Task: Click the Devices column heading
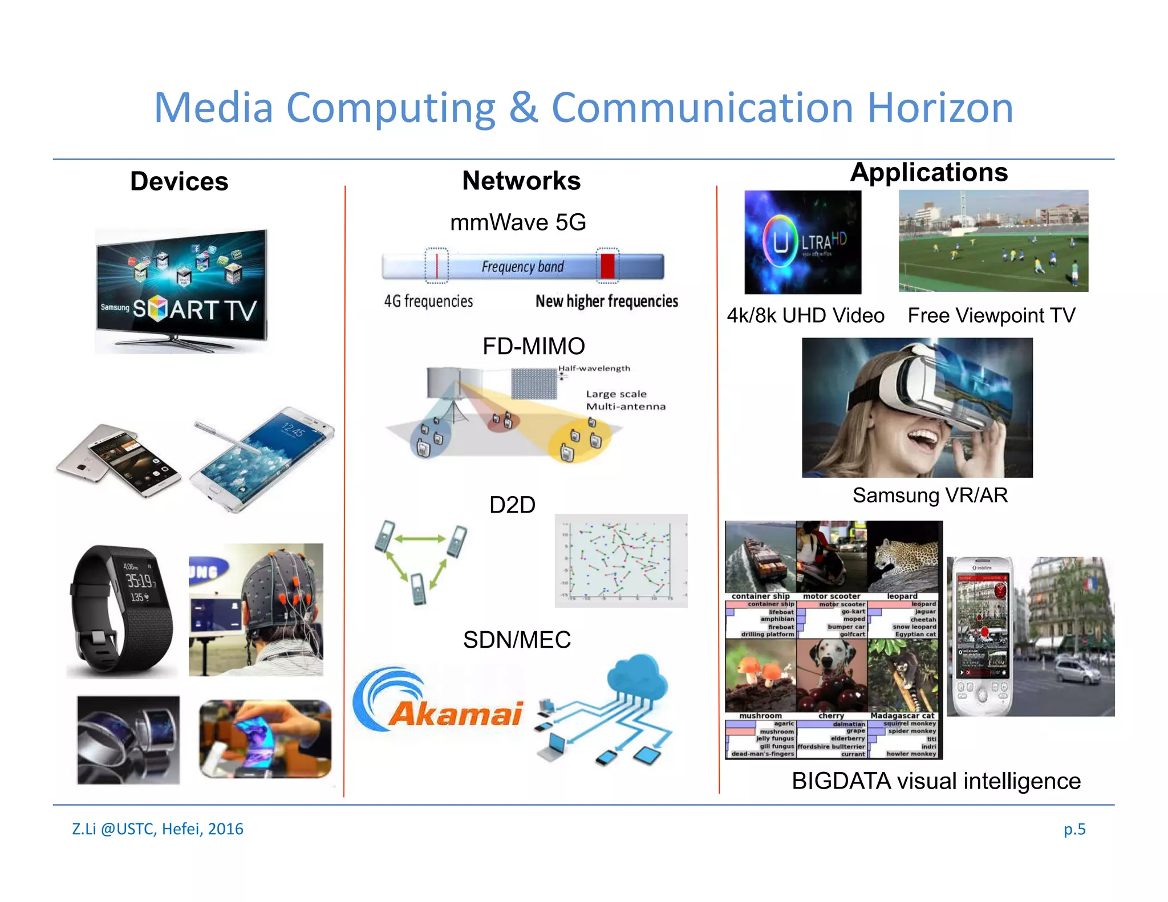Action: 179,181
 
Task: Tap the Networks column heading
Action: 521,181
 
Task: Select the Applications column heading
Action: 928,172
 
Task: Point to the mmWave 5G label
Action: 518,222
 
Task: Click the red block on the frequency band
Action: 607,266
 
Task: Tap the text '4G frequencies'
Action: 428,301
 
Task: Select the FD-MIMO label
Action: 533,346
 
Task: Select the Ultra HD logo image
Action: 802,242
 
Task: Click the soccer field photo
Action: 993,241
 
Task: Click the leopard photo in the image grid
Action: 902,556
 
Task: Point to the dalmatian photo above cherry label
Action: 831,675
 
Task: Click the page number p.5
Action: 1074,829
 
